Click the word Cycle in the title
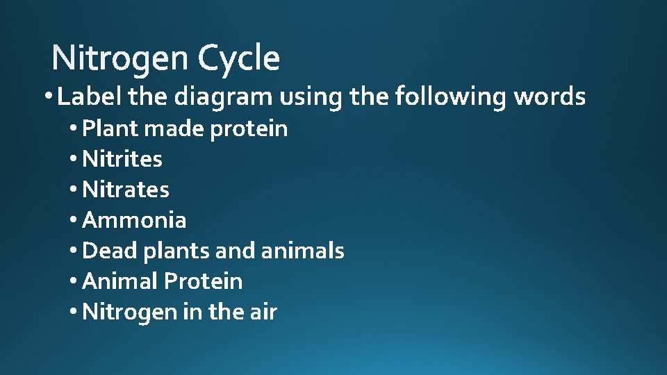tap(238, 58)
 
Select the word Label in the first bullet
tap(90, 97)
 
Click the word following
tap(451, 97)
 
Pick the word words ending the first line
tap(550, 97)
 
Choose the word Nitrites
tap(122, 159)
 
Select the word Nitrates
tap(126, 190)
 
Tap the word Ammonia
tap(134, 220)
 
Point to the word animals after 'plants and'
tap(302, 251)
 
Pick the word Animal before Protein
tap(120, 281)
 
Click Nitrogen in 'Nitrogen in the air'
tap(130, 312)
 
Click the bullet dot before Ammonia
tap(74, 221)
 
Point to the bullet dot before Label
tap(47, 98)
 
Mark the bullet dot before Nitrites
tap(74, 160)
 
